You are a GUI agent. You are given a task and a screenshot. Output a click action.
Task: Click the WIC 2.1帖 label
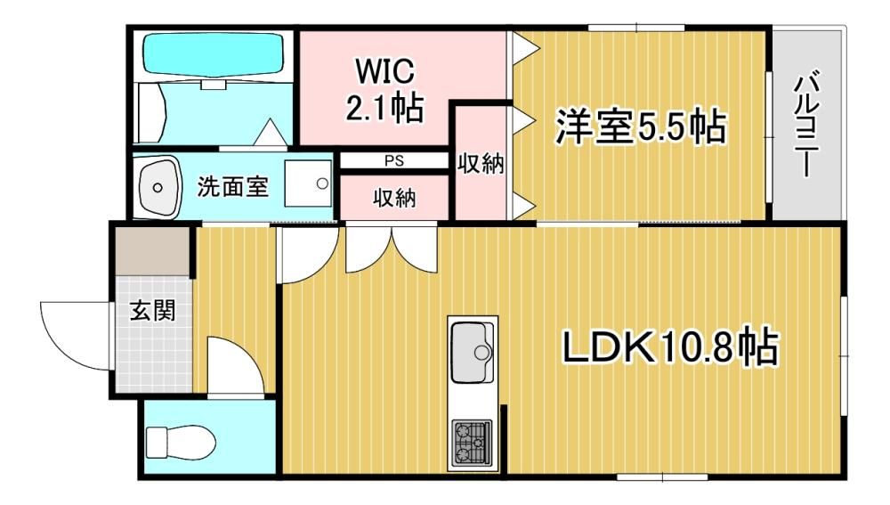coord(384,90)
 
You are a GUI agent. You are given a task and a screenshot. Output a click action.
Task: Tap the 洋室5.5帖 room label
coord(641,126)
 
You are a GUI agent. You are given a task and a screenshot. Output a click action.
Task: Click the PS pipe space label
coord(394,160)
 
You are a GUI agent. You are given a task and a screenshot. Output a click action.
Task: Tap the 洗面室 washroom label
coord(232,186)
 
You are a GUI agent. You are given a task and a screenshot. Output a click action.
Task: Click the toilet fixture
coord(181,442)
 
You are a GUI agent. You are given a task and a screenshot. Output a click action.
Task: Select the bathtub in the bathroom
coord(214,54)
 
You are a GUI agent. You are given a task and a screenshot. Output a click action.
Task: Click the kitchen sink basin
coord(473,352)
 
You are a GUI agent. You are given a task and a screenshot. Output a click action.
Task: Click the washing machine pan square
coord(308,183)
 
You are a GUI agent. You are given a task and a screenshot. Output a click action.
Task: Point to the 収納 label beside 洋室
coord(481,164)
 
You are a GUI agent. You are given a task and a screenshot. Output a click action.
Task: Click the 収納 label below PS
coord(394,198)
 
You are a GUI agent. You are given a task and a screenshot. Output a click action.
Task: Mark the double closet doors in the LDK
coord(392,250)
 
